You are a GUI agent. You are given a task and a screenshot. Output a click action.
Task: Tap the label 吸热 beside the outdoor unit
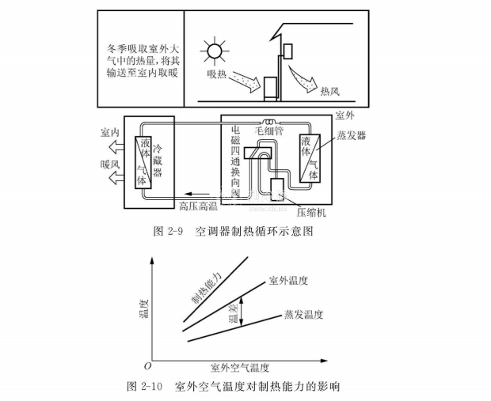pos(219,74)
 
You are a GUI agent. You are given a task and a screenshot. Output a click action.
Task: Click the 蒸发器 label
pos(351,134)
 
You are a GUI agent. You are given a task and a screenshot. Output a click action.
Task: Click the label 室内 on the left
pos(111,132)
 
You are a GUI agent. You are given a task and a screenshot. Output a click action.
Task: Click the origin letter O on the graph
pos(147,367)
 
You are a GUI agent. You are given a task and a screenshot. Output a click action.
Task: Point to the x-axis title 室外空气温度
pos(240,368)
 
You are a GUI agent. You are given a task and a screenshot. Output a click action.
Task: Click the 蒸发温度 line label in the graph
pos(304,315)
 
